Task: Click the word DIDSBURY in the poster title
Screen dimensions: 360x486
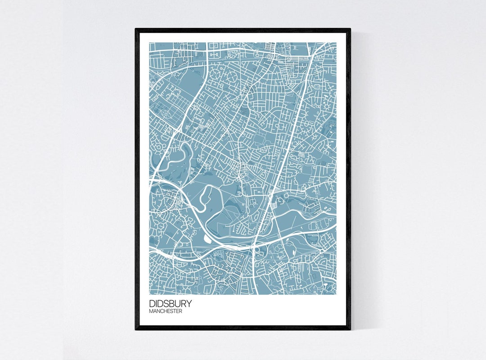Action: click(170, 304)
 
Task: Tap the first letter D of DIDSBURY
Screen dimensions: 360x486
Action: click(152, 304)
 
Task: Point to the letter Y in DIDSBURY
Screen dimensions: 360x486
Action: click(188, 304)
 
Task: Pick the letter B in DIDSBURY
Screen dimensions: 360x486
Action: click(171, 304)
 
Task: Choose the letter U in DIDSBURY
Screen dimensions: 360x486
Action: click(177, 304)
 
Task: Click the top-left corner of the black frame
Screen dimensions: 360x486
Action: click(136, 29)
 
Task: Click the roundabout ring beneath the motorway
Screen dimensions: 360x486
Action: click(257, 249)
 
